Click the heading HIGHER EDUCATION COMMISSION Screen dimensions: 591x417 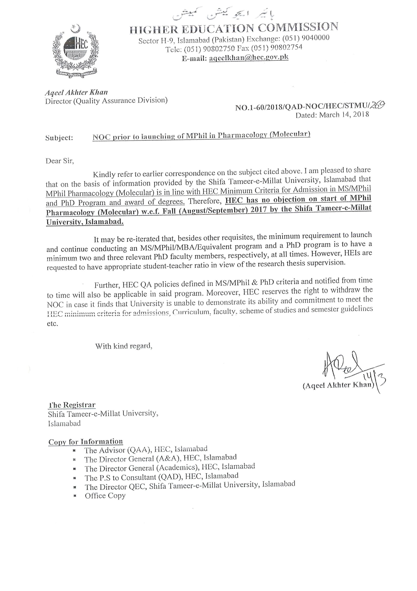pyautogui.click(x=234, y=28)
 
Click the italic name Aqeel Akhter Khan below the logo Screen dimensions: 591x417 pyautogui.click(x=76, y=92)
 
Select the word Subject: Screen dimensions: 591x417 pyautogui.click(x=59, y=138)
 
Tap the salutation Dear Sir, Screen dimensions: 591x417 pyautogui.click(x=60, y=161)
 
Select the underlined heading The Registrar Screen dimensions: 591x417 pyautogui.click(x=72, y=405)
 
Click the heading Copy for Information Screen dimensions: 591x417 pyautogui.click(x=86, y=442)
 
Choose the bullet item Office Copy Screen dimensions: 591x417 pyautogui.click(x=105, y=495)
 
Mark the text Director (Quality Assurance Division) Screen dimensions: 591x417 pyautogui.click(x=106, y=101)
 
